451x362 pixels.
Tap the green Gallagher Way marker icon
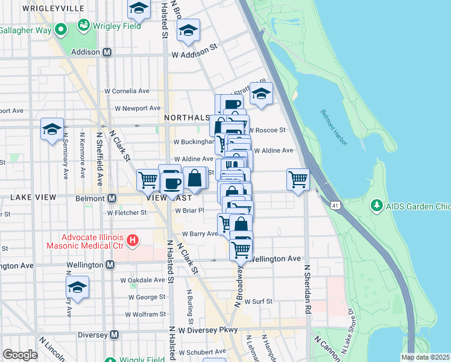point(60,30)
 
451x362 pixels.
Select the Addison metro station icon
point(107,52)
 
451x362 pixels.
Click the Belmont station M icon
point(112,198)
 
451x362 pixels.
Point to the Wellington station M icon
point(110,265)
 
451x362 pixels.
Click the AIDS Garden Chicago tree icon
point(377,206)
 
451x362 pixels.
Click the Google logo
point(20,355)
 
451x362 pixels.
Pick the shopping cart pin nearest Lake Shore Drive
point(298,179)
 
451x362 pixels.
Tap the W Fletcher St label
point(127,212)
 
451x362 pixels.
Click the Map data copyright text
point(425,357)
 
